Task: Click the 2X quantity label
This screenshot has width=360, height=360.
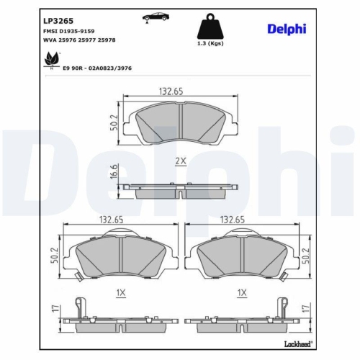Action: click(x=181, y=163)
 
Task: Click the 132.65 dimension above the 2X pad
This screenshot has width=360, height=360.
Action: click(x=171, y=91)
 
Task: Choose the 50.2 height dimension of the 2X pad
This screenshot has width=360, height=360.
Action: click(x=114, y=122)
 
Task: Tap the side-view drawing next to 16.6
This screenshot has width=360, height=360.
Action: click(x=179, y=189)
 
